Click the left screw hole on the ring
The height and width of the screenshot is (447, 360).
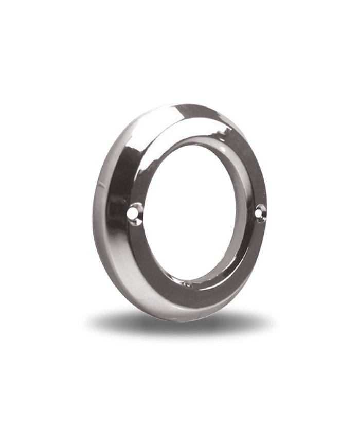tap(135, 211)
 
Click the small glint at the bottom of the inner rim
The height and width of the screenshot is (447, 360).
tap(188, 283)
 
